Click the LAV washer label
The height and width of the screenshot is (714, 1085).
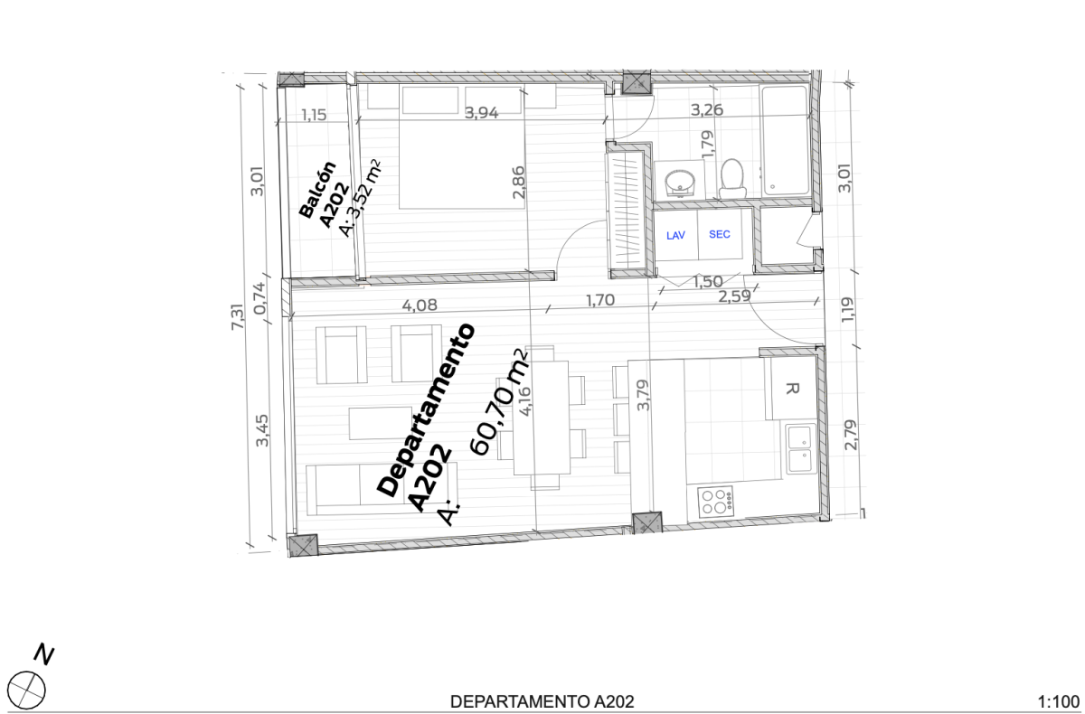click(x=675, y=235)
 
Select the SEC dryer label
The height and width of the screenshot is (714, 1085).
click(x=719, y=234)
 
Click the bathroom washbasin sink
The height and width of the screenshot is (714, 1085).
click(x=679, y=182)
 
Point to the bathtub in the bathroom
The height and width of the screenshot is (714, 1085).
click(x=784, y=141)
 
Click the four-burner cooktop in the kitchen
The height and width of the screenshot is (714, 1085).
click(x=715, y=501)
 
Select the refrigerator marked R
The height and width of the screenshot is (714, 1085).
click(x=792, y=390)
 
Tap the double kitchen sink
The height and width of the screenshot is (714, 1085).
click(x=800, y=449)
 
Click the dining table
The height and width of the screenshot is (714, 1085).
click(x=542, y=417)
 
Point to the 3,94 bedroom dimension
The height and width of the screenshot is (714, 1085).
click(x=481, y=113)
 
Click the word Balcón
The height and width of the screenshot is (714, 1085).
click(x=317, y=191)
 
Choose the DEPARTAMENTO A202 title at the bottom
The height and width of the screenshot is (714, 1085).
click(x=542, y=701)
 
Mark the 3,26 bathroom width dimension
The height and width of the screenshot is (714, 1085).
click(x=708, y=111)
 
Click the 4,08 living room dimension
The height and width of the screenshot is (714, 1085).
click(x=420, y=305)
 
